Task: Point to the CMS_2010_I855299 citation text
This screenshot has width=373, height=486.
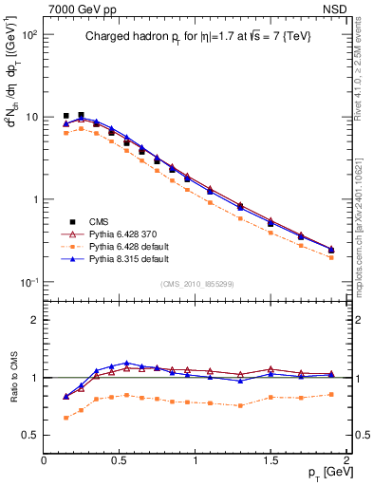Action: (x=196, y=284)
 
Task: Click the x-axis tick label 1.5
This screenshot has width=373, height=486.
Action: (x=270, y=459)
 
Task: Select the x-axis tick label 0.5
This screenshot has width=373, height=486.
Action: (x=120, y=459)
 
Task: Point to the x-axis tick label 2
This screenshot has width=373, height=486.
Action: (x=345, y=459)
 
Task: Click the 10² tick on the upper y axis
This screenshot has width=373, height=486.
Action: (x=28, y=35)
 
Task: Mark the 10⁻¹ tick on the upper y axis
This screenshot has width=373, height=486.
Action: (x=28, y=283)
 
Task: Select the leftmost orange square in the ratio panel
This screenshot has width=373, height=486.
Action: (x=65, y=418)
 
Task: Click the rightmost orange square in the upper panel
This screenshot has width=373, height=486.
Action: (x=331, y=257)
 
